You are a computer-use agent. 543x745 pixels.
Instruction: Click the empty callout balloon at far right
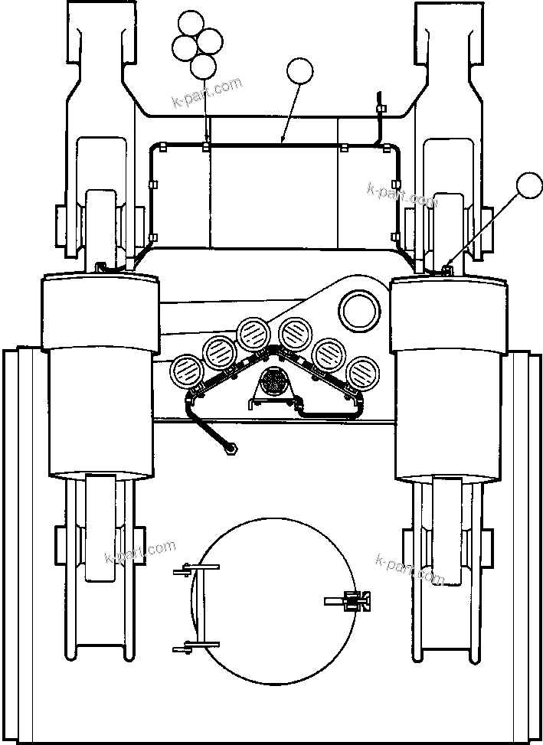pos(528,186)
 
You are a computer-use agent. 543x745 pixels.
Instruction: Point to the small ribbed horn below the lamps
pos(273,381)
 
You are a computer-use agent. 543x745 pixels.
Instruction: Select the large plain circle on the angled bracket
pos(360,310)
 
